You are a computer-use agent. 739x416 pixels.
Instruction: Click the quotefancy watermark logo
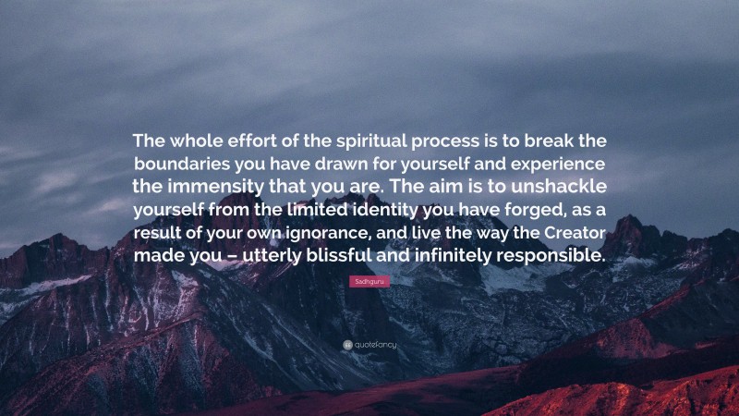pyautogui.click(x=369, y=344)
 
